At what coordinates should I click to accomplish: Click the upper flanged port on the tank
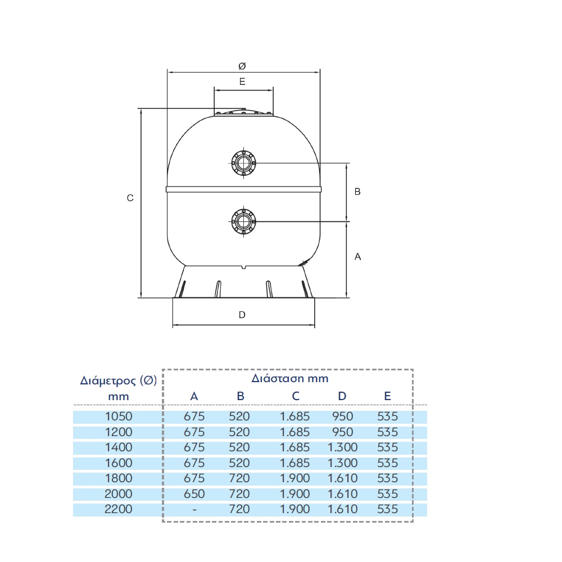[x=244, y=163]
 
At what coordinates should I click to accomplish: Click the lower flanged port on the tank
[x=244, y=221]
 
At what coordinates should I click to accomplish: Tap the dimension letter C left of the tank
[x=130, y=198]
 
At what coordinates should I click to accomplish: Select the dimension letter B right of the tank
[x=357, y=192]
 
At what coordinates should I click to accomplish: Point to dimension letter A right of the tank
[x=357, y=257]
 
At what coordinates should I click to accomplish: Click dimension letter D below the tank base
[x=242, y=315]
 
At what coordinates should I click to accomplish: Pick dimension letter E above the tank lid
[x=242, y=81]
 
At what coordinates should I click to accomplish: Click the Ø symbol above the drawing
[x=242, y=66]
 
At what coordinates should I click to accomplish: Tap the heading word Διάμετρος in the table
[x=108, y=380]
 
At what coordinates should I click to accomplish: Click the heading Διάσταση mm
[x=289, y=378]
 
